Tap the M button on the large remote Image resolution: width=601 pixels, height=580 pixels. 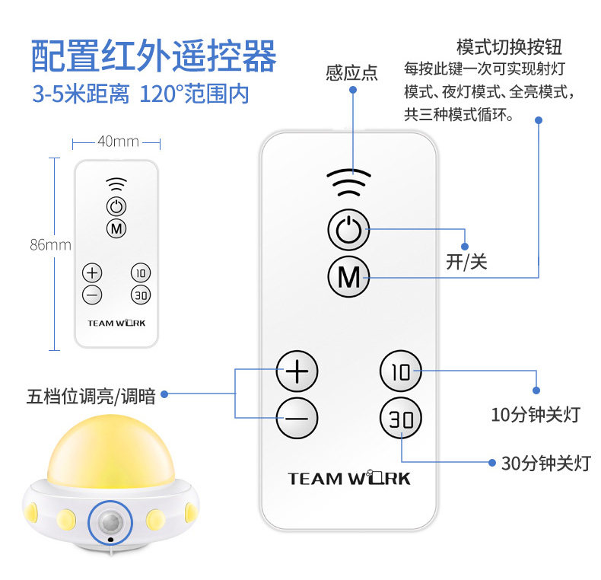point(348,277)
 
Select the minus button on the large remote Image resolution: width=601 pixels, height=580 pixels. point(297,418)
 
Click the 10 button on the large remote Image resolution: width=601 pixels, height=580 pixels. point(401,371)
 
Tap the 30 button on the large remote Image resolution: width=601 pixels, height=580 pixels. point(401,419)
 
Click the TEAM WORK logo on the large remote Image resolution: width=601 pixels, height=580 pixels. point(349,479)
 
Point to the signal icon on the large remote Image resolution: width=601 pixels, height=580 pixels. point(348,182)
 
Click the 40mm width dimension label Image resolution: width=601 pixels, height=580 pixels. point(118,142)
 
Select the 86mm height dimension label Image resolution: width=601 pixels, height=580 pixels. point(50,244)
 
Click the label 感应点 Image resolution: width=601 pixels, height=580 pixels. point(351,73)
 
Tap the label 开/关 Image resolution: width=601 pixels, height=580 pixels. point(466,263)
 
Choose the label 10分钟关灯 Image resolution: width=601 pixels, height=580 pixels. point(536,415)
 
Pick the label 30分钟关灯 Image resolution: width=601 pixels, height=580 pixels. point(545,462)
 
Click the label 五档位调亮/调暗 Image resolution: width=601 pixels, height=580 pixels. point(91,395)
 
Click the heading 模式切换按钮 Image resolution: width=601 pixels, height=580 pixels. point(509,46)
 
